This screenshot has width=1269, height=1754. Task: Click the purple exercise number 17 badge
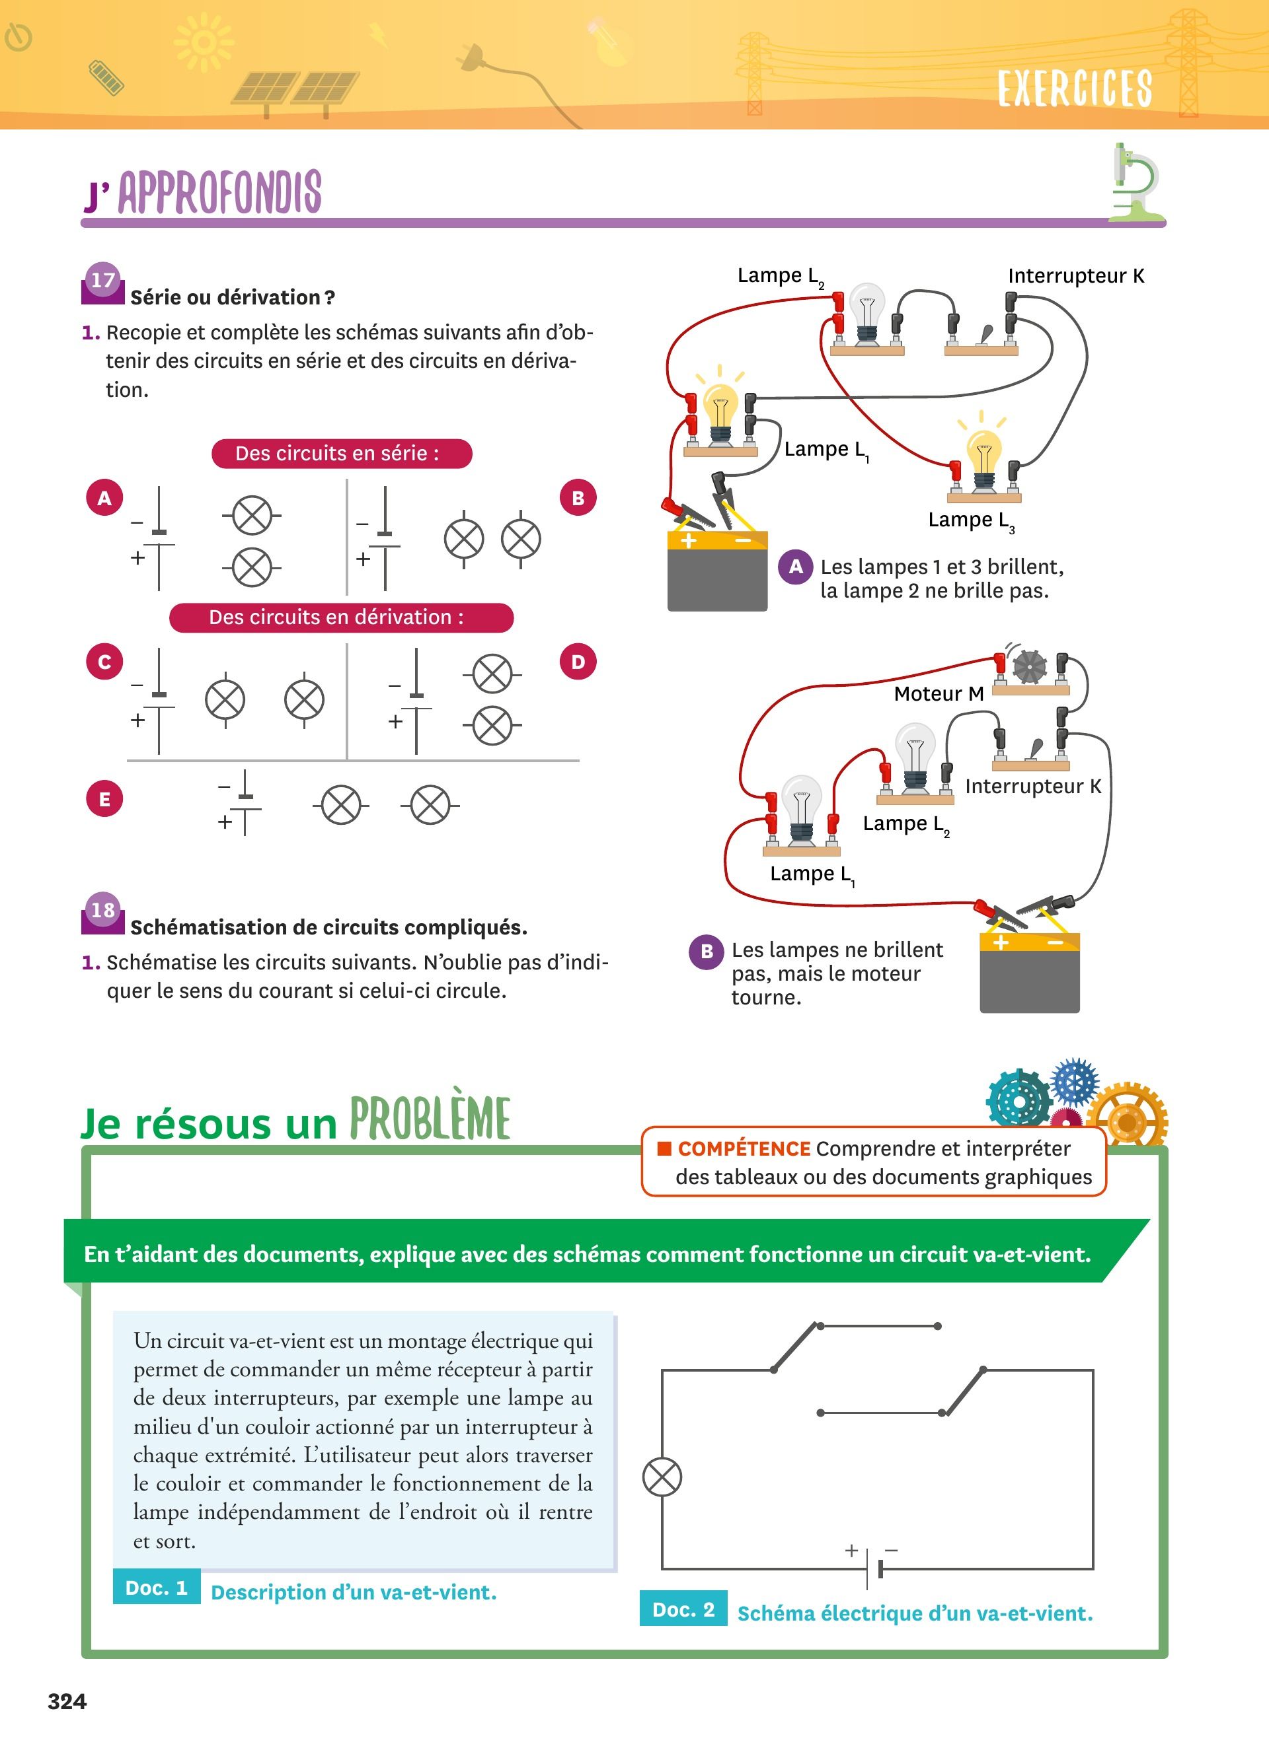[x=103, y=281]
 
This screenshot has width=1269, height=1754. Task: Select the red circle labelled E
[x=104, y=799]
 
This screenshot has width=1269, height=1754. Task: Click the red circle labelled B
[x=577, y=498]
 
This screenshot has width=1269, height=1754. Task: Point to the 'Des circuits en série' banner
[x=341, y=453]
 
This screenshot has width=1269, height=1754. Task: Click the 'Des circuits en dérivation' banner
[x=341, y=617]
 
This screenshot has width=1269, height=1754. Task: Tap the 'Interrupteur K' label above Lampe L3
[x=1075, y=276]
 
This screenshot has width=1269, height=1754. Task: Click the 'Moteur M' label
[x=939, y=693]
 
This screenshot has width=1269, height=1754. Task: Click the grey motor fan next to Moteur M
[x=1030, y=666]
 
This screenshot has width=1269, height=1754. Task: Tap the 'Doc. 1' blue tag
[x=156, y=1588]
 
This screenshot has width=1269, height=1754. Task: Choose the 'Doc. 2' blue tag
[x=683, y=1609]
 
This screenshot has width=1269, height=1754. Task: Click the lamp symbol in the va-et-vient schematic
[x=662, y=1477]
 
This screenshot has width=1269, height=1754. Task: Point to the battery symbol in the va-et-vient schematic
[x=874, y=1568]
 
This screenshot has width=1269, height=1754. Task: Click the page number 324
[x=67, y=1701]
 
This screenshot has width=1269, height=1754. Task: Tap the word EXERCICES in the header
[x=1075, y=88]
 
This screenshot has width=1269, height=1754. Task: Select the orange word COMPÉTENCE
[x=744, y=1148]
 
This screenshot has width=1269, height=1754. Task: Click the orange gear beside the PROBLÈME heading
[x=1127, y=1121]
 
